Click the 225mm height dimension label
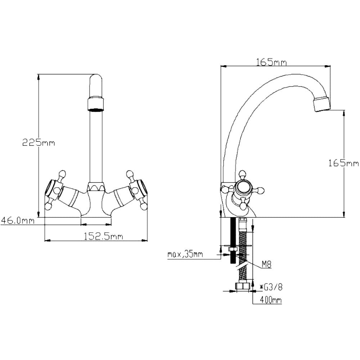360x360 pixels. coord(39,143)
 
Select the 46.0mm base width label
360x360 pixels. coord(18,221)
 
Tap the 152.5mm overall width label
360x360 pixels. coord(103,236)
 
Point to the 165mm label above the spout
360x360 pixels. coord(271,62)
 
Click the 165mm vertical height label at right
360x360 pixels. coord(343,163)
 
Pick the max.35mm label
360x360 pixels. coord(185,255)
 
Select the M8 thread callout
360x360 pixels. coord(266,265)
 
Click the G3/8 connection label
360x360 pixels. coord(271,287)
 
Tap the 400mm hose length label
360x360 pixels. coord(271,300)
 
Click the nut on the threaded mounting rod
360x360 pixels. coord(233,249)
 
